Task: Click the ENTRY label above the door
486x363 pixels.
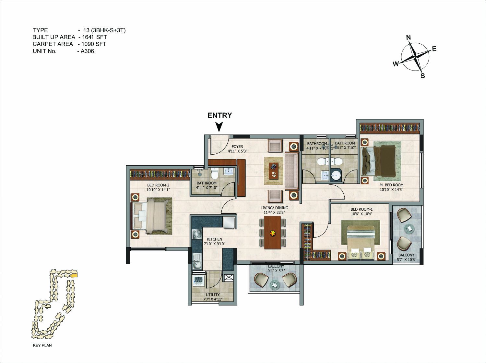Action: click(219, 115)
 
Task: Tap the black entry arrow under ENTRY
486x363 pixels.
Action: click(219, 127)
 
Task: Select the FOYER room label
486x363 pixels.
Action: click(237, 147)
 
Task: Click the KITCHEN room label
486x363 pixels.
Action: click(214, 239)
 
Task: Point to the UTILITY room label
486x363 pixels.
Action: click(213, 295)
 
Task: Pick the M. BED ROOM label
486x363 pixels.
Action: click(391, 185)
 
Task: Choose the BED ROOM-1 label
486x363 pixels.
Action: click(362, 209)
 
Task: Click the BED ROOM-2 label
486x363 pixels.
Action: click(158, 185)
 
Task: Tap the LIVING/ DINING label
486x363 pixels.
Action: click(274, 208)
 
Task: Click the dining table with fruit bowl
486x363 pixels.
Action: click(272, 233)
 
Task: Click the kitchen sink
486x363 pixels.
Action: click(197, 261)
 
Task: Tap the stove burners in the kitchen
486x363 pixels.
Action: click(197, 235)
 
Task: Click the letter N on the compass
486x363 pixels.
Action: click(409, 37)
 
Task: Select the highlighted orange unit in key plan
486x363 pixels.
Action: click(74, 275)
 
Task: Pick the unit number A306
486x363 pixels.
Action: click(87, 51)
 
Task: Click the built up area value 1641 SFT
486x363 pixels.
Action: click(94, 37)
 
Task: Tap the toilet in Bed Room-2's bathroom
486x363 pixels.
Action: click(214, 173)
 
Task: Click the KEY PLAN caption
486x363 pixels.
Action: click(42, 345)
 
